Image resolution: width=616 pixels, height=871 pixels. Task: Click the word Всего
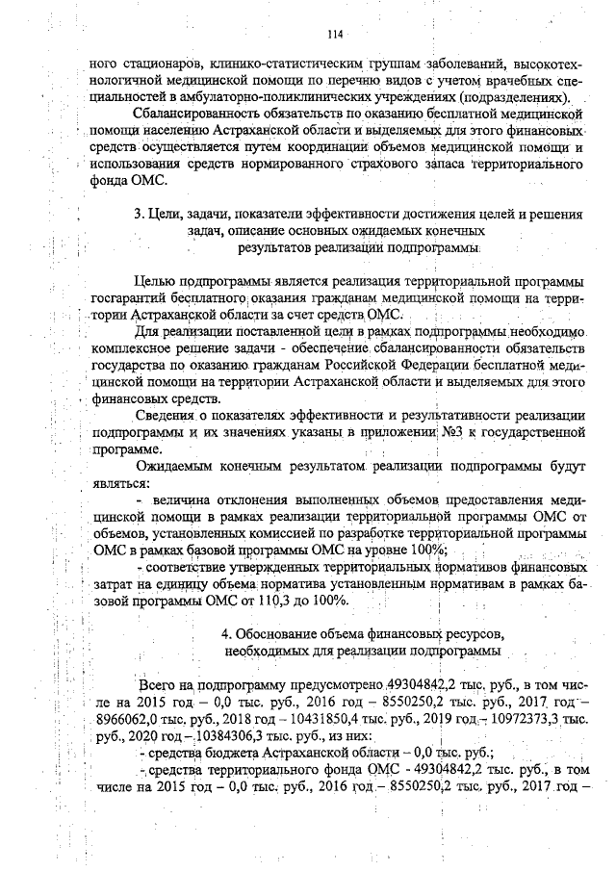[158, 685]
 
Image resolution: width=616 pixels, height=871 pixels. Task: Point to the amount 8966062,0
[131, 719]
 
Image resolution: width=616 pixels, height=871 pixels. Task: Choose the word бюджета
[223, 754]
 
